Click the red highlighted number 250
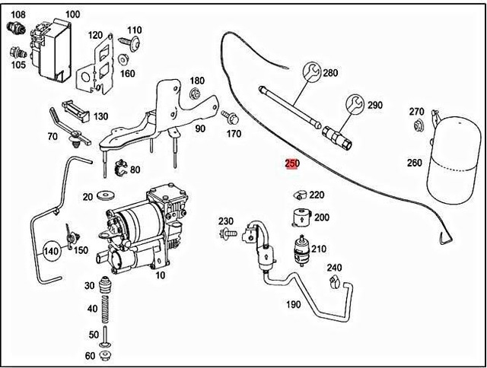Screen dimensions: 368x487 pyautogui.click(x=292, y=163)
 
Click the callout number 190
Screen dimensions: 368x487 pyautogui.click(x=292, y=305)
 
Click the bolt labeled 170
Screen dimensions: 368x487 pyautogui.click(x=230, y=118)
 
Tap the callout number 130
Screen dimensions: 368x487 pyautogui.click(x=100, y=116)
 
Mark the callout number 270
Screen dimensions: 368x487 pyautogui.click(x=416, y=112)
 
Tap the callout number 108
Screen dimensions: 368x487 pyautogui.click(x=18, y=14)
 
